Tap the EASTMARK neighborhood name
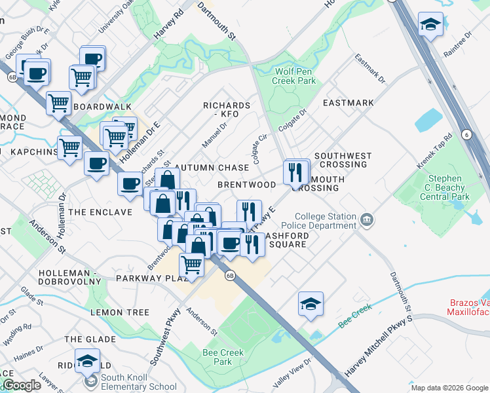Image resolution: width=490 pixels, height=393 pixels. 348,103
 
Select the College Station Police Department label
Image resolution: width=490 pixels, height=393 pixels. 326,221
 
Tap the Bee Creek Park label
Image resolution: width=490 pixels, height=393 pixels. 223,357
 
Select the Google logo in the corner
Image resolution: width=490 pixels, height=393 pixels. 22,385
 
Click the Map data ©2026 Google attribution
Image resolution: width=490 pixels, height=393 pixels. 449,388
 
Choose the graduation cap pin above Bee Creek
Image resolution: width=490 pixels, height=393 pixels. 311,304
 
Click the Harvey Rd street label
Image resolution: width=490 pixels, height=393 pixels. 166,26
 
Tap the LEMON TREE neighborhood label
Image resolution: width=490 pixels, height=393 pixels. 120,312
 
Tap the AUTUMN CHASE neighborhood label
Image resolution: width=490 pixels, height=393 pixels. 212,168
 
